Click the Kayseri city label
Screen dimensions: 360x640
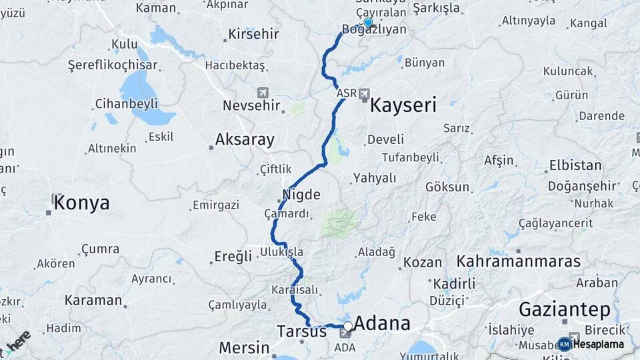403,105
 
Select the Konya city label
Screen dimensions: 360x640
81,203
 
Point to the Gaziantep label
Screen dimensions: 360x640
564,309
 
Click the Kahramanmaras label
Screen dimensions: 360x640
519,261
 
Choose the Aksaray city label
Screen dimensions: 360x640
245,139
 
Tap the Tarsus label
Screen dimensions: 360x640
302,331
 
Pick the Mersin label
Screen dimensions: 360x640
245,347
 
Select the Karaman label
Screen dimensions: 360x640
93,300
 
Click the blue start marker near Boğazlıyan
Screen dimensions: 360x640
368,22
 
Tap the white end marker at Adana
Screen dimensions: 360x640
347,326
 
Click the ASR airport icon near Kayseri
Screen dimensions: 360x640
364,93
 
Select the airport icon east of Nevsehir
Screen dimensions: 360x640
263,92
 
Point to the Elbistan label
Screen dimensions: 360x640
575,165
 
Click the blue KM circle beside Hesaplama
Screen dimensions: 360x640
564,345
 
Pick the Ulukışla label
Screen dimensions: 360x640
282,252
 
